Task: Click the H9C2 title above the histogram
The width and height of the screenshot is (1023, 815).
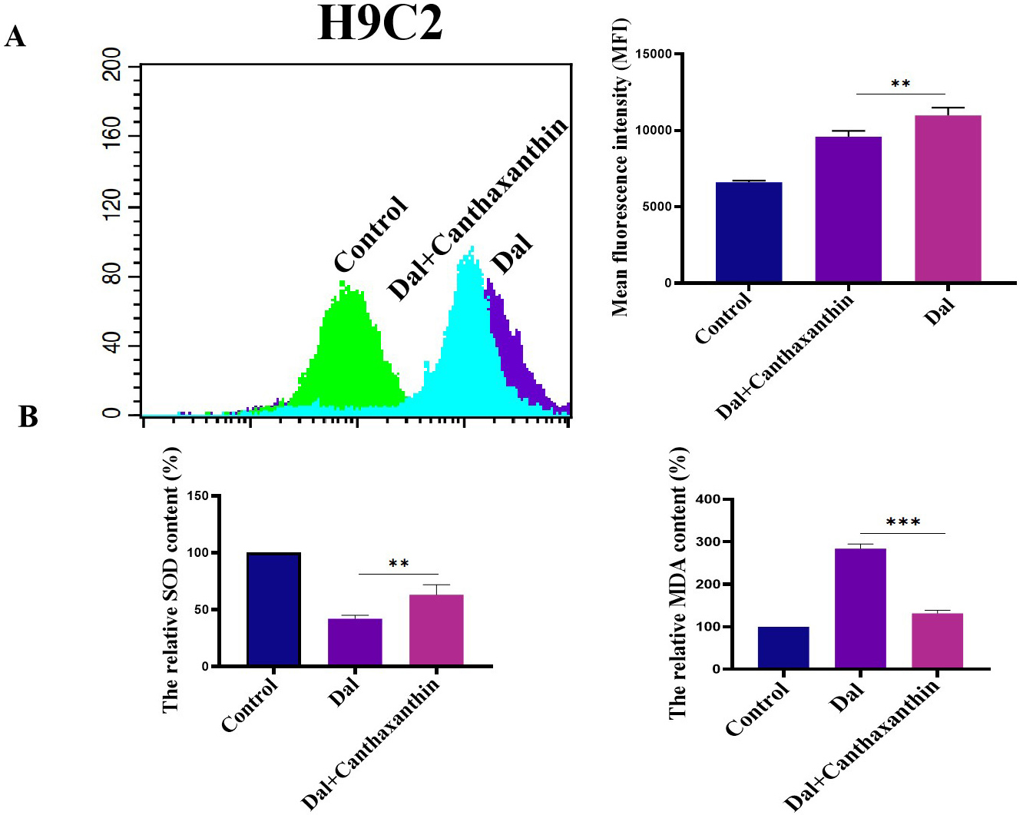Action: tap(380, 23)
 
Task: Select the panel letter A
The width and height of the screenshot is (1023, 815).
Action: tap(15, 36)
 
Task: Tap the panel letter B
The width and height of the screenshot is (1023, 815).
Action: tap(28, 416)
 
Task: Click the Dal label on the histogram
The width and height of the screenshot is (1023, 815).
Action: tap(511, 254)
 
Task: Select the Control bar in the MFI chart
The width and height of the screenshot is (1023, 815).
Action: tap(749, 233)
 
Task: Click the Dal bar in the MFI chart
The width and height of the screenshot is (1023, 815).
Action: tap(948, 199)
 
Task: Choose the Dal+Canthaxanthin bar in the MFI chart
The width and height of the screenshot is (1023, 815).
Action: tap(848, 210)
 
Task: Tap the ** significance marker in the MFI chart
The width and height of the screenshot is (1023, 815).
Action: tap(900, 84)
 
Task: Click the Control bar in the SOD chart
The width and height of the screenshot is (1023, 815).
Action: tap(273, 609)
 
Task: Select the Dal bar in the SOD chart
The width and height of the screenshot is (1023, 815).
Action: tap(355, 642)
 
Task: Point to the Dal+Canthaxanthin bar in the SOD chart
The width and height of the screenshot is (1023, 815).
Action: tap(436, 630)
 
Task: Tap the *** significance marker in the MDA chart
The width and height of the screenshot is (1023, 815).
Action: tap(902, 523)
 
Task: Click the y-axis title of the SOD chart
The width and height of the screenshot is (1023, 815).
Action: tap(170, 580)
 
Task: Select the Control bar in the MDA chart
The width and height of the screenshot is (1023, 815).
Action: tap(783, 648)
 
